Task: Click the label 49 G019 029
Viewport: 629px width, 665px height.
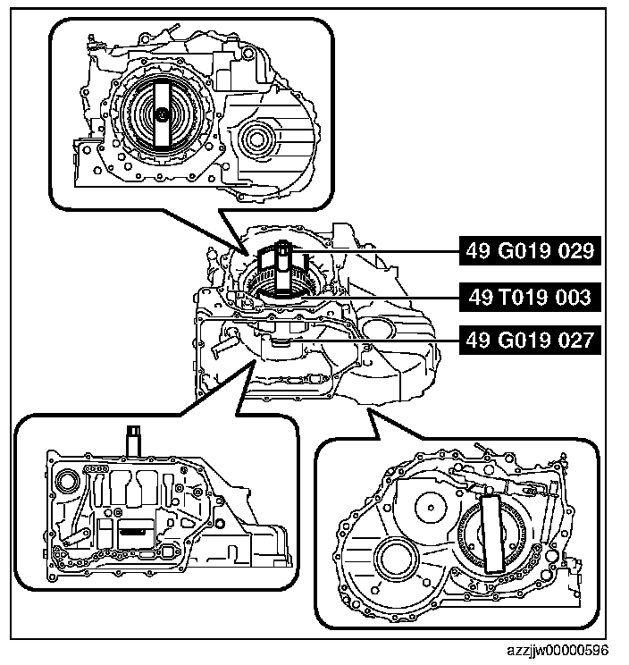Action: [x=528, y=251]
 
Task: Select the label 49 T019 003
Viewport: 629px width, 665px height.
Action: [x=528, y=295]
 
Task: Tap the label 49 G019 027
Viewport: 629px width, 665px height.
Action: [x=528, y=340]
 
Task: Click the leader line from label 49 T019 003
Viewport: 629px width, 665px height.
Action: [x=384, y=295]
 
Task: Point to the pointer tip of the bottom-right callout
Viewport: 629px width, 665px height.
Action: [x=368, y=410]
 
